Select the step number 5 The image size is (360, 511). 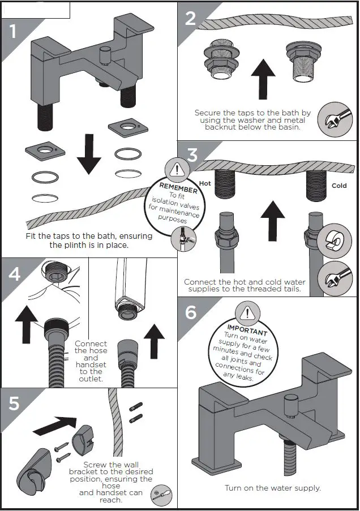14,403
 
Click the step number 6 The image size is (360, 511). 191,312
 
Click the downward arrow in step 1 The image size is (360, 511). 89,153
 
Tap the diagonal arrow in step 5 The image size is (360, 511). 58,424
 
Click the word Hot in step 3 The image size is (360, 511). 205,183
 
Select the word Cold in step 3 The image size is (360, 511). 339,186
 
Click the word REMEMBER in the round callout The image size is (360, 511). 178,187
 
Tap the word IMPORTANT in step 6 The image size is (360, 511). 247,329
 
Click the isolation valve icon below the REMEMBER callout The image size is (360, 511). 183,239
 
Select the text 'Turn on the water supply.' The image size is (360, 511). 272,488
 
